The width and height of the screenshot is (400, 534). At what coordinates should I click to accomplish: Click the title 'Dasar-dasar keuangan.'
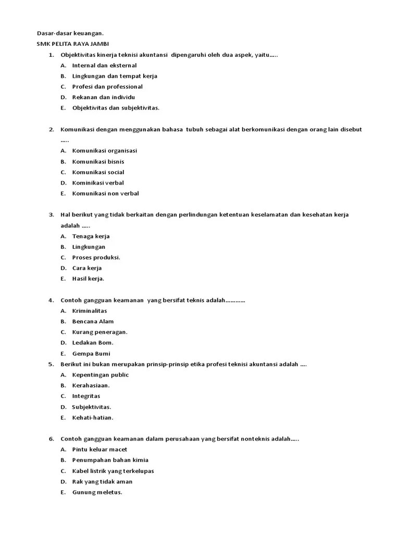click(67, 33)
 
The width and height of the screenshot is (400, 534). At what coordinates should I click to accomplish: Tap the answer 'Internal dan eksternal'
click(104, 65)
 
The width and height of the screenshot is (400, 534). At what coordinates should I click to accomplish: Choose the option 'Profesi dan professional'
click(107, 87)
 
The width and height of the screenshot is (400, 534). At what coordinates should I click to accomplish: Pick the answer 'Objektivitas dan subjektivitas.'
click(116, 108)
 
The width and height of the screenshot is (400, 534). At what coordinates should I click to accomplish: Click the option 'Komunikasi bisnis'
click(98, 161)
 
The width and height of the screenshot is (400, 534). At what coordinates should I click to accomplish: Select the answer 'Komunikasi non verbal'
click(105, 193)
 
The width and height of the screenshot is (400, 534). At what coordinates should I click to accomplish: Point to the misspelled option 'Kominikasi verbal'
click(98, 183)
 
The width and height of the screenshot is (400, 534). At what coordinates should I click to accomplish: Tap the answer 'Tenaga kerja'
click(91, 236)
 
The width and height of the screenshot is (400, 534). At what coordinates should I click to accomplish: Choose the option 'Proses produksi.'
click(96, 257)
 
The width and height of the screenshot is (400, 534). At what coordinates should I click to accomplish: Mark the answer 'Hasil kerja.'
click(88, 278)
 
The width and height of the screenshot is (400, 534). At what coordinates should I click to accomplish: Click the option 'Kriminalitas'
click(90, 311)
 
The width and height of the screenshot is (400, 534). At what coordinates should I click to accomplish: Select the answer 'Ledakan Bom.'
click(93, 343)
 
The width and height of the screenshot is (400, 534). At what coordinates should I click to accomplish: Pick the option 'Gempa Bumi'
click(91, 354)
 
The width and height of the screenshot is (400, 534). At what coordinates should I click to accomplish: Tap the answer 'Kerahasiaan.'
click(91, 385)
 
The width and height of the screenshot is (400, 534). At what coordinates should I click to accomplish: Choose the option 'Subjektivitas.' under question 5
click(92, 407)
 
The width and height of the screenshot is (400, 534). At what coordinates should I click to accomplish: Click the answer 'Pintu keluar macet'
click(99, 450)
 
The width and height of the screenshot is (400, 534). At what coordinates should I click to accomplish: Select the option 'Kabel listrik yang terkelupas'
click(113, 471)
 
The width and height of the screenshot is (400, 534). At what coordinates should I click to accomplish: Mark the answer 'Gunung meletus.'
click(97, 492)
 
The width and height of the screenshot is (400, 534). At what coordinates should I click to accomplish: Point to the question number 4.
click(51, 300)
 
